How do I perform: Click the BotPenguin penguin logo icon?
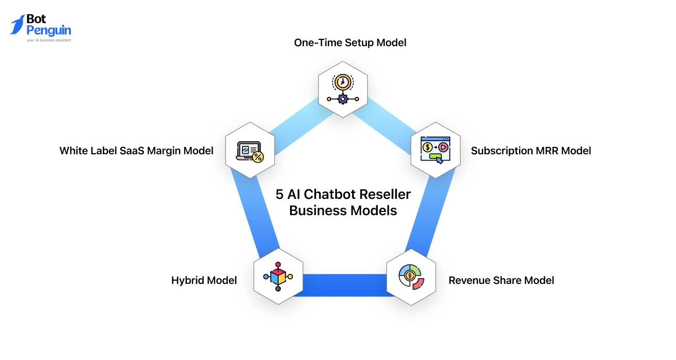17,25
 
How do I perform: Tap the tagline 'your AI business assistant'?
48,40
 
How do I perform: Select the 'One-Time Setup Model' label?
350,43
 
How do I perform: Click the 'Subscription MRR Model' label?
531,151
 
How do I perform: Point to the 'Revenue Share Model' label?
501,280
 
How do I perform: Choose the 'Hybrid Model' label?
204,280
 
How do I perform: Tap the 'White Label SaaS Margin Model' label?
136,151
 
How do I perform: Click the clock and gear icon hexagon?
343,89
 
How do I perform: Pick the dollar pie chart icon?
411,277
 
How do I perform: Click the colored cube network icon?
278,277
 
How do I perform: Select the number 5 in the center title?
279,194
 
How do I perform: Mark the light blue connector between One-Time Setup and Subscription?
389,124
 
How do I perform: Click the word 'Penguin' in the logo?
48,30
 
